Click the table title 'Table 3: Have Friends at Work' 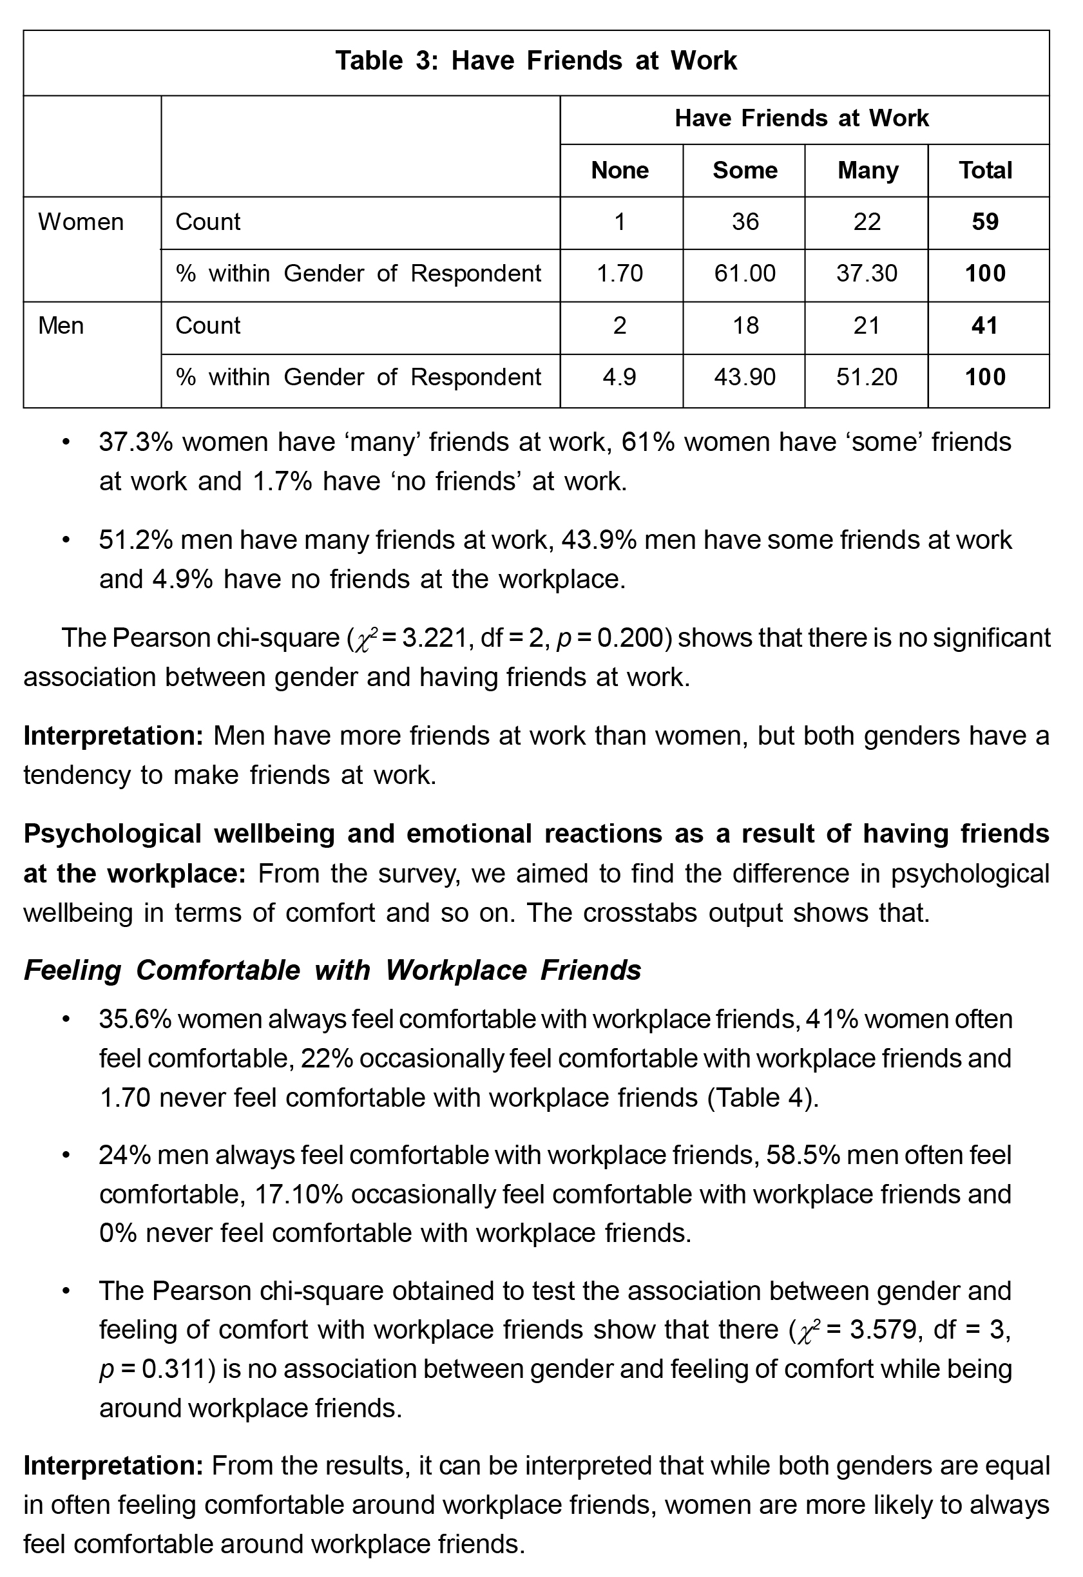tap(535, 61)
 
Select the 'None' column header tap(620, 170)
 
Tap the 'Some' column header tap(744, 170)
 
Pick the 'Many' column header tap(867, 170)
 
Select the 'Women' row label tap(81, 222)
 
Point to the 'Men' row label tap(61, 326)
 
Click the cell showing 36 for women tap(744, 222)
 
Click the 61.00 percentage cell tap(744, 274)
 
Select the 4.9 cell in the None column tap(620, 378)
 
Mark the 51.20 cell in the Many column tap(867, 378)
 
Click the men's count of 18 tap(744, 326)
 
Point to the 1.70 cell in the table tap(620, 274)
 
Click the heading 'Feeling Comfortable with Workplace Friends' tap(332, 970)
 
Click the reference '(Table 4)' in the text tap(763, 1098)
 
